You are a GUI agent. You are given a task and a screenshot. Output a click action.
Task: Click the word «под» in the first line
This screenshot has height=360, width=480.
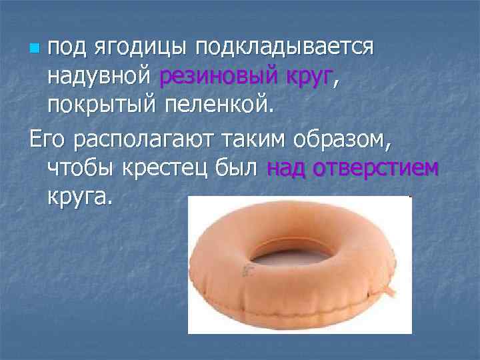(68, 48)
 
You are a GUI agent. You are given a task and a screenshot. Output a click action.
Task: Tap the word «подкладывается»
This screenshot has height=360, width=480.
(279, 48)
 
